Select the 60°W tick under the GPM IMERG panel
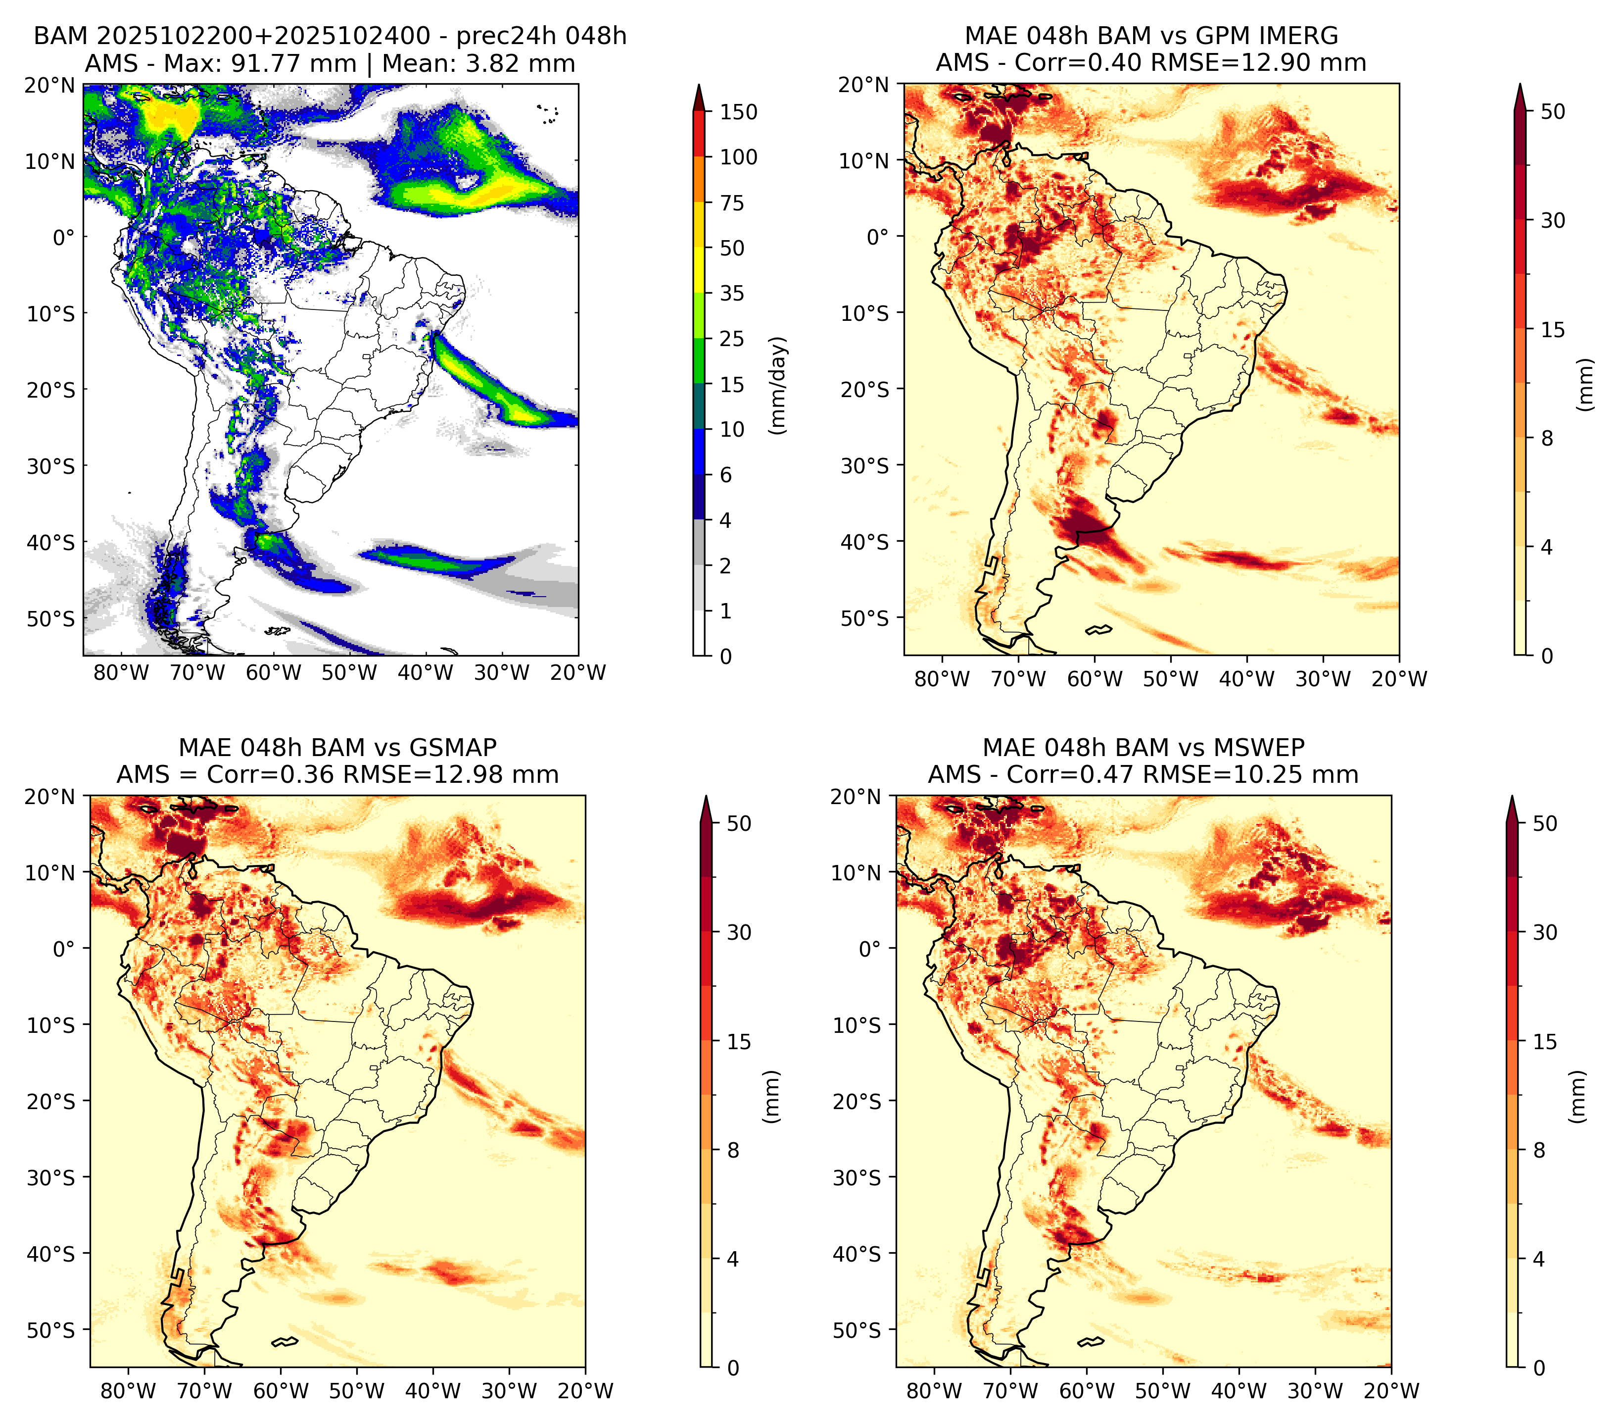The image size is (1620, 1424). pyautogui.click(x=1095, y=679)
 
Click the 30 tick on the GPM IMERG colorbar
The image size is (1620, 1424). pyautogui.click(x=1552, y=220)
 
